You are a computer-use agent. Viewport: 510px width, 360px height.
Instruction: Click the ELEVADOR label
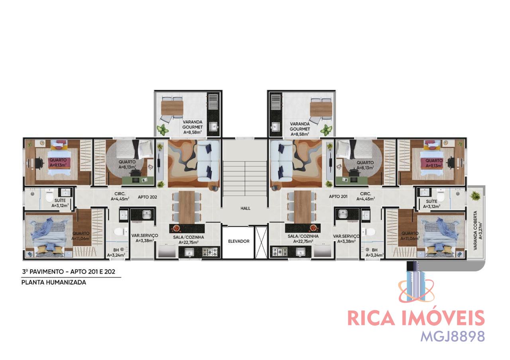click(x=239, y=241)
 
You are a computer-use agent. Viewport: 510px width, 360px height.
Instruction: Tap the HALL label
click(x=245, y=208)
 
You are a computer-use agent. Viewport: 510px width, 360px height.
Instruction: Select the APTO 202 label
click(x=147, y=197)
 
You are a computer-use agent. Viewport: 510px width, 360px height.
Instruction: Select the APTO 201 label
click(x=338, y=196)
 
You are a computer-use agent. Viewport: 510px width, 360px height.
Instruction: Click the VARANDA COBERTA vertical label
click(x=475, y=231)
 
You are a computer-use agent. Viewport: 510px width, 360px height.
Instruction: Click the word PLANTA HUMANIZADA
click(x=54, y=282)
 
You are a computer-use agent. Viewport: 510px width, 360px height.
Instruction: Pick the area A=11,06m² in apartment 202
click(x=81, y=239)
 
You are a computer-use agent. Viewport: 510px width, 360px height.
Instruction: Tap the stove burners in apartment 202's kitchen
click(x=210, y=252)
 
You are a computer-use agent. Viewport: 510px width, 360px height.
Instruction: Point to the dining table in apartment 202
click(x=187, y=207)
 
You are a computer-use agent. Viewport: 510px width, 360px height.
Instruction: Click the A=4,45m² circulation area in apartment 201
click(x=365, y=199)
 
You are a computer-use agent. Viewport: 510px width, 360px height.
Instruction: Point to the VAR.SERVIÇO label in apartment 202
click(x=145, y=235)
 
